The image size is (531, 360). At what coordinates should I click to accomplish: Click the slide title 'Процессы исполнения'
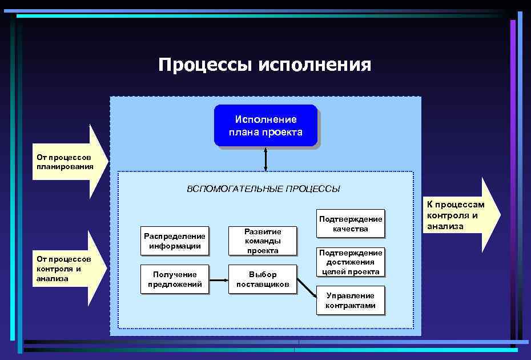coord(265,65)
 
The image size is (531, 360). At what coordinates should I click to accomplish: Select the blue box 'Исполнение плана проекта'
coord(265,126)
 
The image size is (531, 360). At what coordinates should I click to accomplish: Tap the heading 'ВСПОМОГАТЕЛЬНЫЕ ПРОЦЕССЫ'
coord(263,189)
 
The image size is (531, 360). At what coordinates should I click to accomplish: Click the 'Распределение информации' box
coord(174,241)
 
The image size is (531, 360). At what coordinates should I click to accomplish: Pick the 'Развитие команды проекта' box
coord(263,241)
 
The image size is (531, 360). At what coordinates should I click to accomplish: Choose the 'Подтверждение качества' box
coord(351,224)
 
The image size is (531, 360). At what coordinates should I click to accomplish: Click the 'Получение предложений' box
coord(174,279)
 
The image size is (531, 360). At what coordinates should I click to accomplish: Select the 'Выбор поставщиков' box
coord(263,279)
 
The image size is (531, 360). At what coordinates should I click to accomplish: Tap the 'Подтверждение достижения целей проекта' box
coord(351,262)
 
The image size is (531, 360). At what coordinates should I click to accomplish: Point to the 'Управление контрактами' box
coord(351,300)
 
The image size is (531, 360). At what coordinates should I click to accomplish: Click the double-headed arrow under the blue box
coord(265,159)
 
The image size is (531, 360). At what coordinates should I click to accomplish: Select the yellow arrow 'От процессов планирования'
coord(69,162)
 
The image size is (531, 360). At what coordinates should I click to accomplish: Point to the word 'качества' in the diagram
coord(351,229)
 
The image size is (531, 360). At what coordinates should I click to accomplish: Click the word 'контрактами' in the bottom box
coord(351,305)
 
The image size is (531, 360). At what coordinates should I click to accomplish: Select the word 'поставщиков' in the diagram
coord(263,284)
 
